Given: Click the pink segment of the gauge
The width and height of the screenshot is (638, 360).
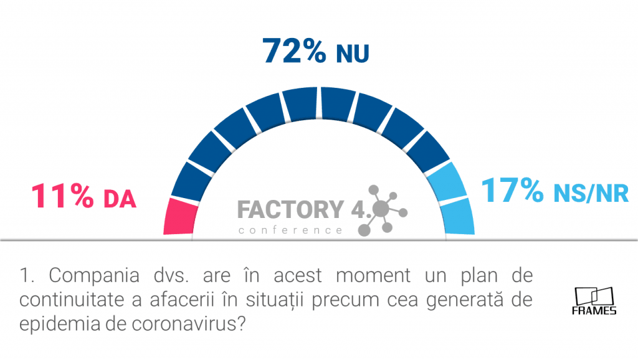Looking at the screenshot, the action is click(180, 216).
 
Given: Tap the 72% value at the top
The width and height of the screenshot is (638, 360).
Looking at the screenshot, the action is click(294, 51).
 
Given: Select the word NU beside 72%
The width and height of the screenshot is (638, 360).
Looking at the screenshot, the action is click(353, 54).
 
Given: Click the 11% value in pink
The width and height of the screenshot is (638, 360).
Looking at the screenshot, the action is click(62, 196).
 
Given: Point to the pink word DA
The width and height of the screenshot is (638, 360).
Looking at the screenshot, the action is click(120, 199).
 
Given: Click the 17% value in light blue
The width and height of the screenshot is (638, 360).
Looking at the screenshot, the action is click(512, 190).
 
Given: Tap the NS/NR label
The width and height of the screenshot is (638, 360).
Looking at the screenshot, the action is click(591, 193).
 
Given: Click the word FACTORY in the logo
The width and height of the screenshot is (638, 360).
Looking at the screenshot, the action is click(290, 209).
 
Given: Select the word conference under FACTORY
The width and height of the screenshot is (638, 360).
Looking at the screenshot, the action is click(290, 230).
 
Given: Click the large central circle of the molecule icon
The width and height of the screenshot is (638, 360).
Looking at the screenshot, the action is click(381, 209).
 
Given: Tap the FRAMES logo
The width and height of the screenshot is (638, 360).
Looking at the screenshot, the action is click(594, 301).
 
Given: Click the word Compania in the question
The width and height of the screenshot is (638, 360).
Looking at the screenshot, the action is click(94, 276).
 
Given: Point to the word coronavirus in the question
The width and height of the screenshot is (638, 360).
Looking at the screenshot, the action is click(189, 324).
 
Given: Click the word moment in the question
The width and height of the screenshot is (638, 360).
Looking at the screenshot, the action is click(373, 276).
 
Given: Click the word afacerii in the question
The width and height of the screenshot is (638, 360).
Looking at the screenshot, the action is click(182, 300).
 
